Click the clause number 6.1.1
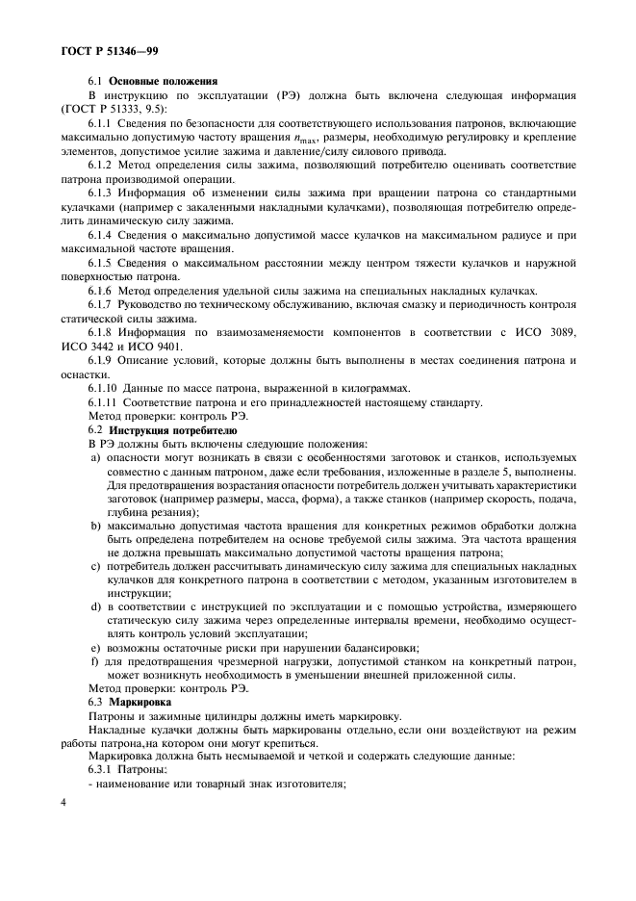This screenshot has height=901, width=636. tap(103, 124)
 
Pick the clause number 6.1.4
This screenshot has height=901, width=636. tap(103, 236)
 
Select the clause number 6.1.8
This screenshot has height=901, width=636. tap(103, 332)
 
